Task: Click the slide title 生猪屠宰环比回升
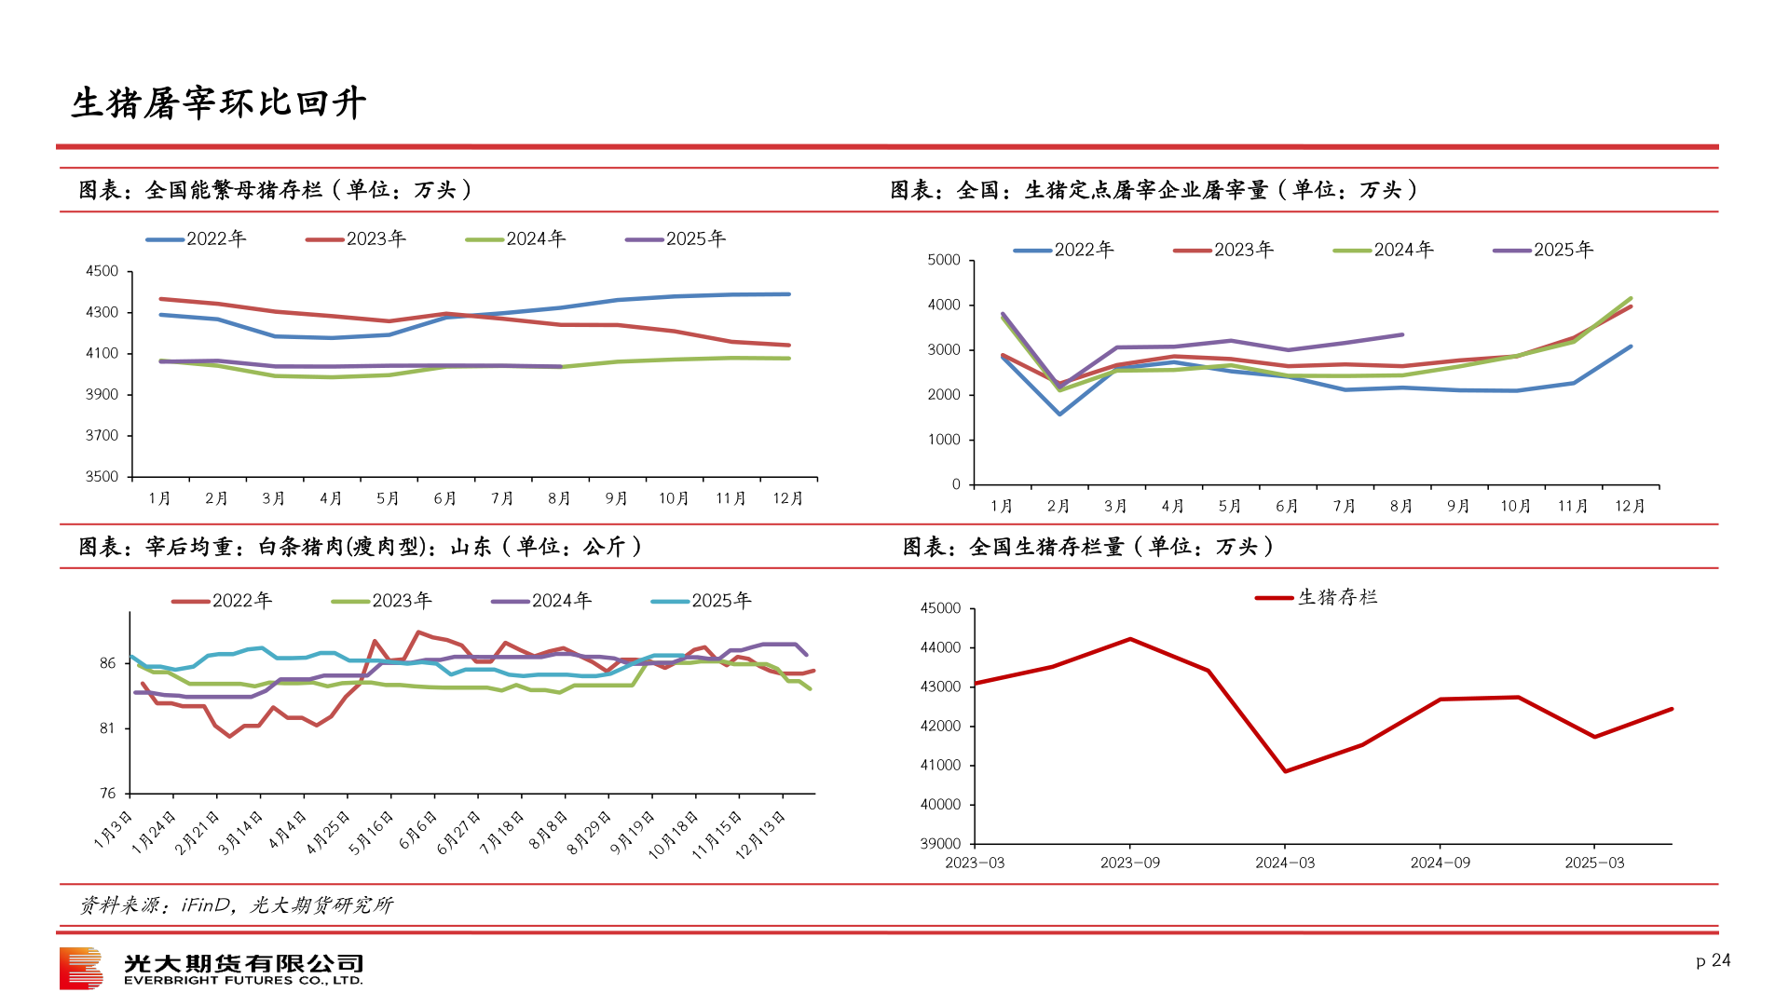click(x=219, y=103)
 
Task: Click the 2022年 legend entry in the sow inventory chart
click(x=197, y=239)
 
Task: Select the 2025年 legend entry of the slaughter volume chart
click(x=1544, y=250)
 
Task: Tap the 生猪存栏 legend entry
click(x=1317, y=597)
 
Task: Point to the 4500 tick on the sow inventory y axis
click(x=102, y=271)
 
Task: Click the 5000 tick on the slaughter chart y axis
click(x=944, y=260)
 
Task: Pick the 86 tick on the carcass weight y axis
click(x=108, y=663)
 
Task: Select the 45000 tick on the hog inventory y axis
click(x=940, y=608)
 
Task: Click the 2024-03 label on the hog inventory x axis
click(x=1285, y=863)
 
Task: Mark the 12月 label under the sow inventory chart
click(x=788, y=498)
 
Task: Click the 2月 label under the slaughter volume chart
click(x=1058, y=506)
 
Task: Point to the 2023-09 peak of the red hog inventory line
click(x=1130, y=639)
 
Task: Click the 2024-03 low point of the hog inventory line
click(x=1286, y=771)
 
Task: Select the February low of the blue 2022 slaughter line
click(x=1059, y=414)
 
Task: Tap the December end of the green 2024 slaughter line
click(x=1631, y=299)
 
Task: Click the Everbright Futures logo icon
click(x=81, y=969)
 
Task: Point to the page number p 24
click(x=1713, y=960)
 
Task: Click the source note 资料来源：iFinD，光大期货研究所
click(x=236, y=905)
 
